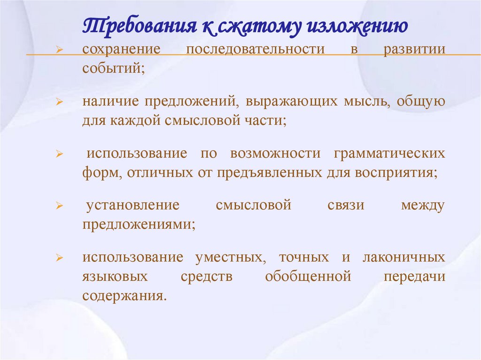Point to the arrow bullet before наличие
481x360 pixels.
[x=60, y=102]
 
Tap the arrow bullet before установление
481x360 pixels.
[x=60, y=206]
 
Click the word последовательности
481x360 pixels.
[x=256, y=50]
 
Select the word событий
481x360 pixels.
[x=113, y=68]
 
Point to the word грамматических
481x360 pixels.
[x=389, y=153]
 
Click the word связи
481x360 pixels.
[x=347, y=206]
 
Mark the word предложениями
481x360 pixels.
[x=139, y=224]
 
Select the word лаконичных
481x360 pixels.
[x=403, y=258]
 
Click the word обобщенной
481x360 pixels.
[x=308, y=276]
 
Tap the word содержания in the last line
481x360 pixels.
[x=124, y=296]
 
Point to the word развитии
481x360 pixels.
[x=414, y=50]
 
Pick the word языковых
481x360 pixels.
[x=115, y=276]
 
